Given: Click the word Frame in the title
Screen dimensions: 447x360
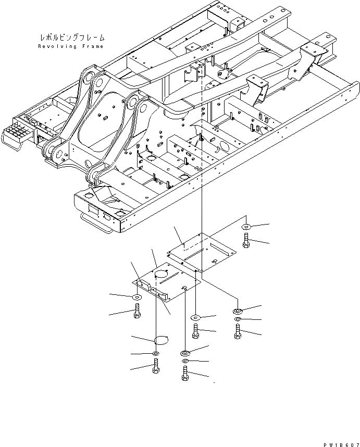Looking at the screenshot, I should [x=93, y=46].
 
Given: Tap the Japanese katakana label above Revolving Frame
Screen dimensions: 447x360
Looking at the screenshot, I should [x=71, y=38].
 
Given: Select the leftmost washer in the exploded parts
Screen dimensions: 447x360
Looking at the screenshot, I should [x=136, y=297].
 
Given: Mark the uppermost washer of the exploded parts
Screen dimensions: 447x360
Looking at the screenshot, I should [x=246, y=227].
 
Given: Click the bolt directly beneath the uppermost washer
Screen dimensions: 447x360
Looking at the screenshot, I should [x=247, y=241].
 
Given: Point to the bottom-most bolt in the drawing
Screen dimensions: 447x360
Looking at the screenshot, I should [x=185, y=374].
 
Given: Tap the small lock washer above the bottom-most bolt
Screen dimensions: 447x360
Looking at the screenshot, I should [x=185, y=361].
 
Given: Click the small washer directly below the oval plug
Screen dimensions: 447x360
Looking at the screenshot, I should [x=156, y=354].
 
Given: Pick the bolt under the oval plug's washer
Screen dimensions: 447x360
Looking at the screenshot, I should [x=156, y=367].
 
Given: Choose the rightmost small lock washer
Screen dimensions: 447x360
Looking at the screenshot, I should [x=238, y=319].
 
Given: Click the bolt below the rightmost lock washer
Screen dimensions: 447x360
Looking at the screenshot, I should [x=238, y=331].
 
